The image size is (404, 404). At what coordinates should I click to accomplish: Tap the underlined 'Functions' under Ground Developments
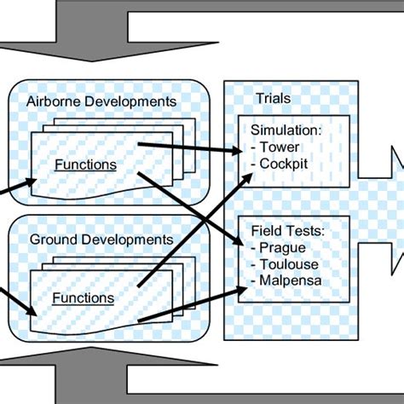83,298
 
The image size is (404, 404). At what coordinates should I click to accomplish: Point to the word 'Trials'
273,98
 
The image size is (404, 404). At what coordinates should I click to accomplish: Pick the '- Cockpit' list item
282,162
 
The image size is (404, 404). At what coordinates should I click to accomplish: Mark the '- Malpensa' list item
287,280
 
